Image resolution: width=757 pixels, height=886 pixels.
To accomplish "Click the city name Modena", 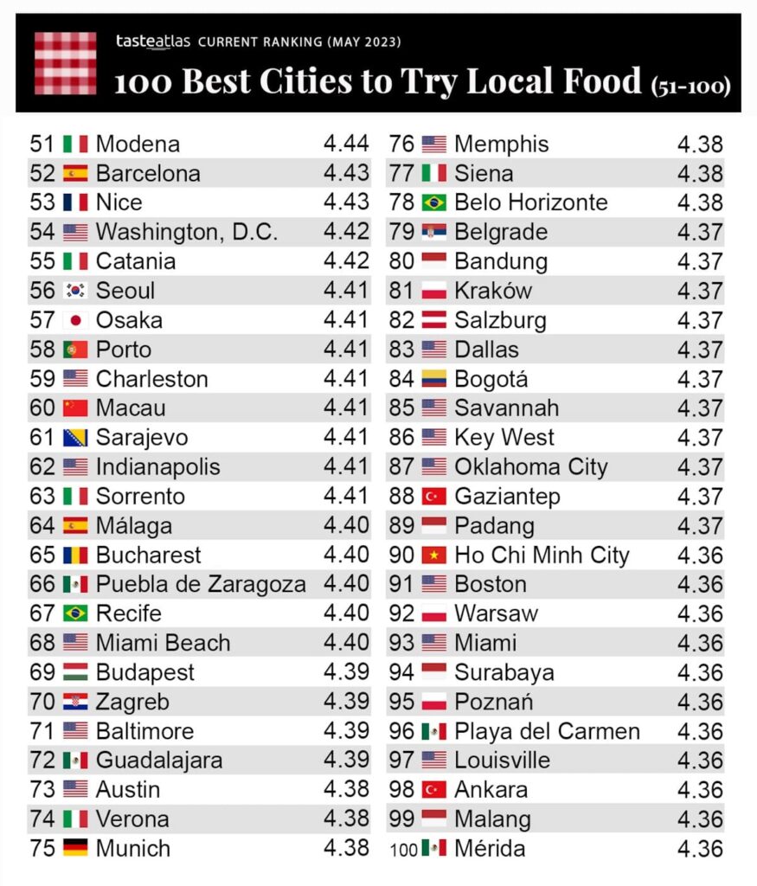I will pos(138,144).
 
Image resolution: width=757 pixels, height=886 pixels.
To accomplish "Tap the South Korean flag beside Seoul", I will pos(75,291).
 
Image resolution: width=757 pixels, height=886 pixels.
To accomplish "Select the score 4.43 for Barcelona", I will pos(346,173).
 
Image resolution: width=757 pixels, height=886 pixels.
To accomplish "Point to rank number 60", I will pos(42,408).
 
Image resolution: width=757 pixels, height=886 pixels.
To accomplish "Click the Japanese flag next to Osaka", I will pos(75,320).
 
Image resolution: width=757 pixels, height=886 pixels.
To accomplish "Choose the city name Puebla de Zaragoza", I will pos(201,584).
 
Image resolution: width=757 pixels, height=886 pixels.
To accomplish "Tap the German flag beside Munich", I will pos(75,848).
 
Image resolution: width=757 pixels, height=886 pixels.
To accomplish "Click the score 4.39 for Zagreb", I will pos(346,702).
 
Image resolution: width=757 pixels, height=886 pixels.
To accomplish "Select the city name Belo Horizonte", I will pos(530,202).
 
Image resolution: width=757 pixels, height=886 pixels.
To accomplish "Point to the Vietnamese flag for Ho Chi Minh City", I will pos(433,555).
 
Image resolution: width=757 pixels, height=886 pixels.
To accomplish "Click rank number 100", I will pos(404,849).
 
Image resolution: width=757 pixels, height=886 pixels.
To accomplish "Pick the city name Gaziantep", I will pos(507,496).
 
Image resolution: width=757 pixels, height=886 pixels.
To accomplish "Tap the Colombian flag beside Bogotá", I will pos(433,379).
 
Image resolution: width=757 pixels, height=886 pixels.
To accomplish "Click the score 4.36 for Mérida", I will pos(700,848).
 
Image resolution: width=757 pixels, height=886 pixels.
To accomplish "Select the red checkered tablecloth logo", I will pos(65,63).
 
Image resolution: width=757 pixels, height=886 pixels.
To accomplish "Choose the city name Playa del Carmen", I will pos(547,731).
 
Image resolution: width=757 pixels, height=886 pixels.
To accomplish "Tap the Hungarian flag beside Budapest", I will pos(75,672).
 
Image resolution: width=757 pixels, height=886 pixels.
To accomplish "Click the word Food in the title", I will pos(595,80).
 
